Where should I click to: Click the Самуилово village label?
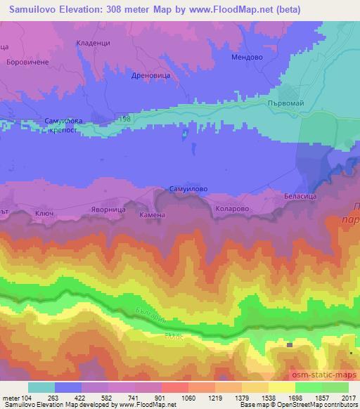tap(188, 189)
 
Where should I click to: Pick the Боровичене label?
tap(26, 62)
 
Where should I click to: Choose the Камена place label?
tap(153, 215)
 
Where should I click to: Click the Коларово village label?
tap(233, 208)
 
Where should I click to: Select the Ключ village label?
tap(44, 212)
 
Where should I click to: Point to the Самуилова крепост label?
tap(63, 126)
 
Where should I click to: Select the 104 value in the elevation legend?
tap(27, 397)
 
